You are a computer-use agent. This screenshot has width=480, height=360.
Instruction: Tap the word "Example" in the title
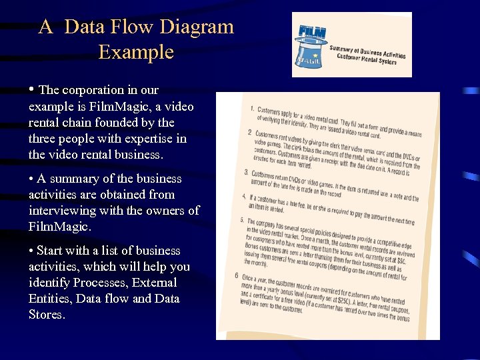coord(136,52)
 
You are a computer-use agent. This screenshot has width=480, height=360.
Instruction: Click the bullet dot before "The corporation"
coord(32,89)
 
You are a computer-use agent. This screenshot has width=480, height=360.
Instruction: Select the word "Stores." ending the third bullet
coord(47,315)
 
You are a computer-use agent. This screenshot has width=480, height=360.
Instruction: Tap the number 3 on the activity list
coord(245,173)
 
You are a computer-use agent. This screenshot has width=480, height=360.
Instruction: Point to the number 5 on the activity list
coord(242,220)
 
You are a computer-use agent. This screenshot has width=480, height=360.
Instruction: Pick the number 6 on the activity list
coord(236,275)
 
